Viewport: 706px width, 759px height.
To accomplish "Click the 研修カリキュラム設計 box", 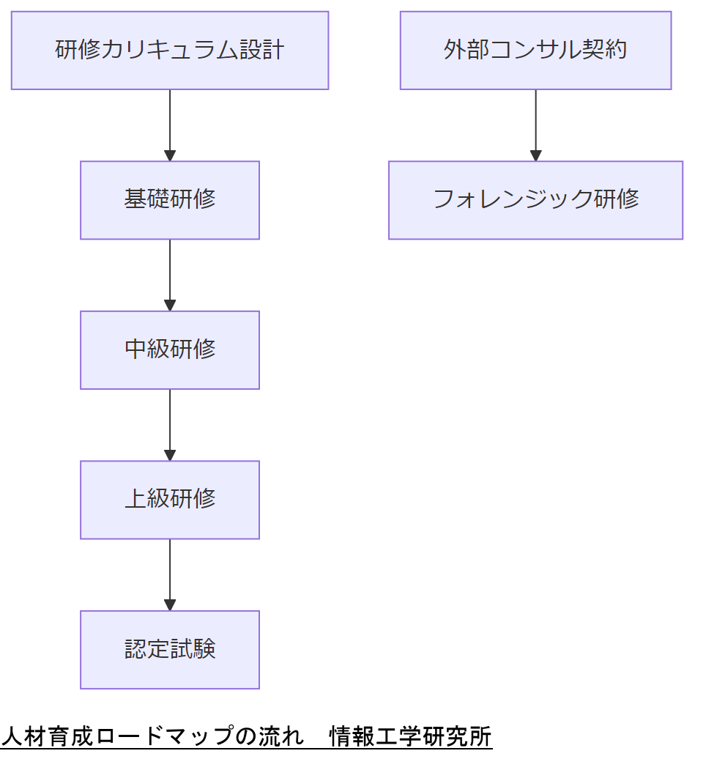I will tap(170, 51).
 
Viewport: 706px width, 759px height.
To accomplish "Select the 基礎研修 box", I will tap(170, 200).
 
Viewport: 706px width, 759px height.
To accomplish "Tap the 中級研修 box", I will tap(170, 349).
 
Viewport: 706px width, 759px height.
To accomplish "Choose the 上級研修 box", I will tap(170, 500).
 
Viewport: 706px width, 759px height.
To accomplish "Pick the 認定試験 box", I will tap(170, 650).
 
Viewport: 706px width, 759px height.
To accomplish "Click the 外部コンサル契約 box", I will tap(535, 51).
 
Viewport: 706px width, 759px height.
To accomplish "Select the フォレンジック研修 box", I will tap(535, 200).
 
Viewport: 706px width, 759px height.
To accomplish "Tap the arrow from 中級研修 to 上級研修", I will tap(170, 423).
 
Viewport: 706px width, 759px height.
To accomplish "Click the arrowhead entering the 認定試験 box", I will tap(170, 605).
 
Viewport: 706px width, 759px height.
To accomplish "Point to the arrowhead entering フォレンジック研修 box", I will tap(535, 155).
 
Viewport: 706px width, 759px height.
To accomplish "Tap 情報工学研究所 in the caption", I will tap(410, 736).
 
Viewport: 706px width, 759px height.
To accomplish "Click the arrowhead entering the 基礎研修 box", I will tap(170, 155).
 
